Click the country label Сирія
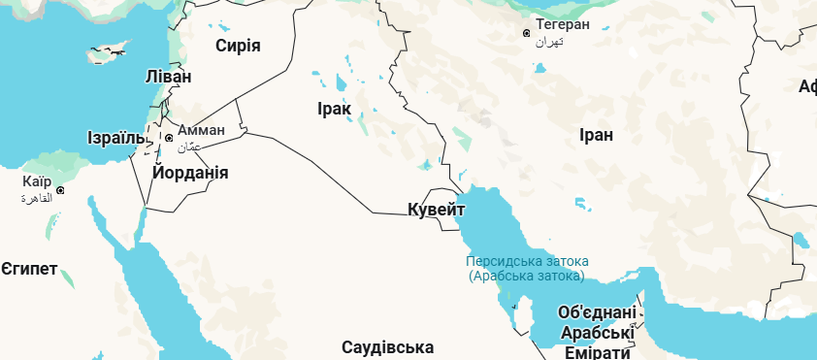pyautogui.click(x=238, y=46)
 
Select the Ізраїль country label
pyautogui.click(x=119, y=137)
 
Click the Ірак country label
pyautogui.click(x=334, y=109)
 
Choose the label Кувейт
pyautogui.click(x=437, y=210)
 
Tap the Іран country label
pyautogui.click(x=595, y=135)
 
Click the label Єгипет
pyautogui.click(x=29, y=268)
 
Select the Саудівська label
pyautogui.click(x=387, y=347)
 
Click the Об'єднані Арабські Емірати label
pyautogui.click(x=598, y=333)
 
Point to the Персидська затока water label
pyautogui.click(x=527, y=262)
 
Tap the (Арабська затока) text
pyautogui.click(x=527, y=277)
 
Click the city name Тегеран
pyautogui.click(x=563, y=24)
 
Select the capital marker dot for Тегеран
pyautogui.click(x=526, y=33)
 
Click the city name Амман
pyautogui.click(x=201, y=130)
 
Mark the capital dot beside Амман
pyautogui.click(x=169, y=138)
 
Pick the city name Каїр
pyautogui.click(x=37, y=181)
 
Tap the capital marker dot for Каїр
pyautogui.click(x=60, y=190)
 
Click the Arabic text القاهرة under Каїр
pyautogui.click(x=36, y=197)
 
